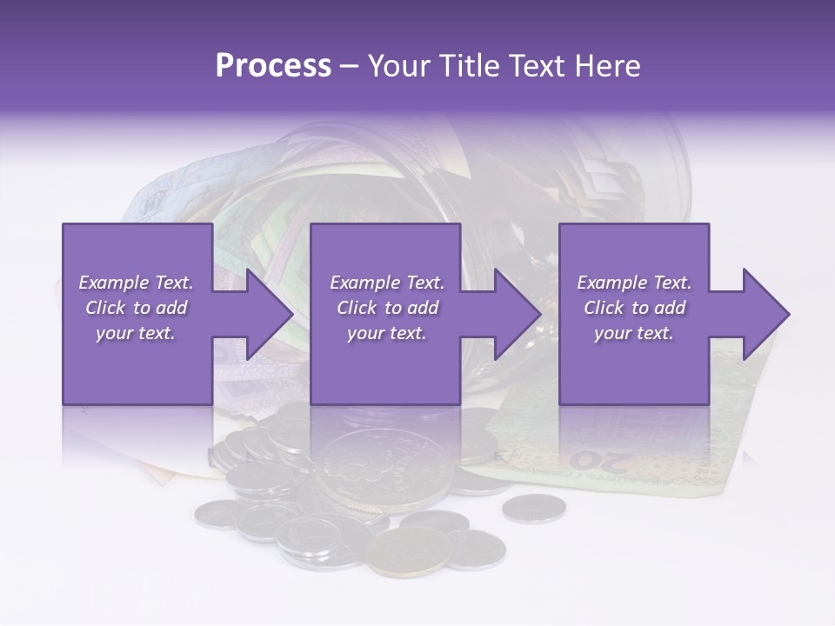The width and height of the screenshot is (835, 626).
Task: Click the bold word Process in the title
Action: click(x=273, y=66)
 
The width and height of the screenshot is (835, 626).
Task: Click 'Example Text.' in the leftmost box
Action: click(x=136, y=283)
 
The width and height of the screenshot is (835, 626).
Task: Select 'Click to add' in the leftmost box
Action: click(x=136, y=308)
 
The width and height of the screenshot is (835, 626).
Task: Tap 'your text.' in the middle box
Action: click(x=386, y=333)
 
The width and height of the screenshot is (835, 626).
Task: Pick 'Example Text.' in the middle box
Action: click(x=386, y=283)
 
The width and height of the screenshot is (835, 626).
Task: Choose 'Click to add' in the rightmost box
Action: click(x=634, y=308)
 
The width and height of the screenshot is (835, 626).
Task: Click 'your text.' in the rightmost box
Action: click(x=634, y=333)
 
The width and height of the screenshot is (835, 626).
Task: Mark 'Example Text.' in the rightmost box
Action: click(x=634, y=283)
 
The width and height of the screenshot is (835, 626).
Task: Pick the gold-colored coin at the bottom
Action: click(x=409, y=551)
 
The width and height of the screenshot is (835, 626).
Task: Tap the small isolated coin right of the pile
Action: click(x=534, y=508)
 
